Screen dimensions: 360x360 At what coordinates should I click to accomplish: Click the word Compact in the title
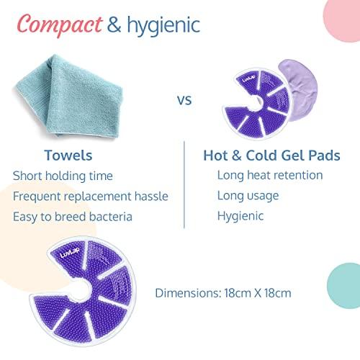point(59,26)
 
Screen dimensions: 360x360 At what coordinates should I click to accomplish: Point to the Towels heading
point(68,155)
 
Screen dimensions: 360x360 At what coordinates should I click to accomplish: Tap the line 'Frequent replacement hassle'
point(91,196)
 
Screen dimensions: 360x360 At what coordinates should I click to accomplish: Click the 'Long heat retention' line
point(269,175)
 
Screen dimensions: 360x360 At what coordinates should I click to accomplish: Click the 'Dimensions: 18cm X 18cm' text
point(224,293)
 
